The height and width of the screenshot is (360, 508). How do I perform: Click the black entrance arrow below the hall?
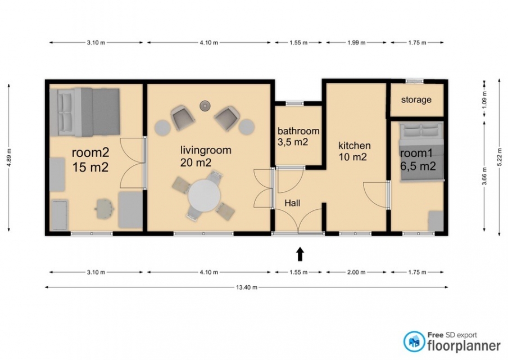[300, 254]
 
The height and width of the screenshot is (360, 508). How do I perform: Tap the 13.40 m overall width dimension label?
[247, 287]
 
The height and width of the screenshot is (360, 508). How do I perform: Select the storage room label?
[416, 100]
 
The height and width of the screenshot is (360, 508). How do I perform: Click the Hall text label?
[292, 203]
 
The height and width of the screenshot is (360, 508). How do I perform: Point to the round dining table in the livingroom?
[205, 196]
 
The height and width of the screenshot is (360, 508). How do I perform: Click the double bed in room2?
[85, 112]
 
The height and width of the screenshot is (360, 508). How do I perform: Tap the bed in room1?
[421, 151]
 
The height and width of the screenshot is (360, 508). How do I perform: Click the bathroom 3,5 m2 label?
[298, 136]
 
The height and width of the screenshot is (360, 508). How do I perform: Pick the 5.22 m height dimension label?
[499, 157]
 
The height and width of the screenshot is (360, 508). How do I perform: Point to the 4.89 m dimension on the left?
[9, 157]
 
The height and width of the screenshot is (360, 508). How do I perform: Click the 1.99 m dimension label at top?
[356, 43]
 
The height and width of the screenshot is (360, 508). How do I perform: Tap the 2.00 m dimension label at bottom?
[356, 272]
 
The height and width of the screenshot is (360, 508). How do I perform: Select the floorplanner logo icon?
[414, 341]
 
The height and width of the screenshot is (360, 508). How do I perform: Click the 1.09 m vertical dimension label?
[484, 98]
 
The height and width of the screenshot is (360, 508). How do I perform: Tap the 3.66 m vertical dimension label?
[484, 175]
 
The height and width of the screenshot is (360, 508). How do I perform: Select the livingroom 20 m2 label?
[206, 156]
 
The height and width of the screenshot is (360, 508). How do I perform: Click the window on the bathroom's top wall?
[295, 103]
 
